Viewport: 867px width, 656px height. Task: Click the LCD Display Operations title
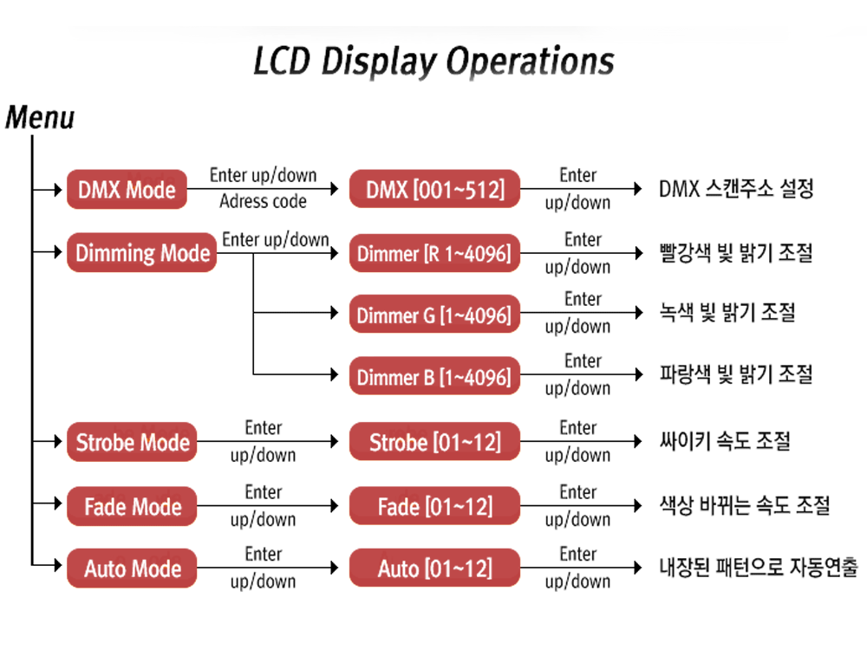[433, 62]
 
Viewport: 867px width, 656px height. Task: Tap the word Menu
[40, 117]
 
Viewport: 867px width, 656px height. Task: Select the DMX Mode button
[127, 189]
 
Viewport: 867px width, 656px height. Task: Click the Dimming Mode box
[142, 253]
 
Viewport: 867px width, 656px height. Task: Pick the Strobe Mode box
[132, 443]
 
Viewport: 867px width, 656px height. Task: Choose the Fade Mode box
[132, 506]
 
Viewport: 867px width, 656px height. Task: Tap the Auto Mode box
[132, 568]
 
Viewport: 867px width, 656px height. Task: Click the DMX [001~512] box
[434, 189]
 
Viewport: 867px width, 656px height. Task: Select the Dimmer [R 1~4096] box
[434, 254]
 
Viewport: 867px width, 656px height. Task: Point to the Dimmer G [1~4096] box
[434, 315]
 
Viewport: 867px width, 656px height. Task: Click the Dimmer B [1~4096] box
[434, 377]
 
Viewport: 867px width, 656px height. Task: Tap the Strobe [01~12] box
[434, 443]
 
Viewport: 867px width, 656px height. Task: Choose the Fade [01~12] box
[434, 506]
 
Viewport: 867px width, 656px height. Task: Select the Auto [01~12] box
[434, 568]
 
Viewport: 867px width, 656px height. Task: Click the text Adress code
[263, 202]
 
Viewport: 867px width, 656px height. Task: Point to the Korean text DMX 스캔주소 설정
[736, 189]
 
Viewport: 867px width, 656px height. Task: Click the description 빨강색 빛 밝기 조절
[735, 253]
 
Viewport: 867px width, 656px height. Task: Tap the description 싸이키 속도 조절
[725, 441]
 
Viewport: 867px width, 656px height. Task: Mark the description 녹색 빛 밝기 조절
[727, 313]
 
